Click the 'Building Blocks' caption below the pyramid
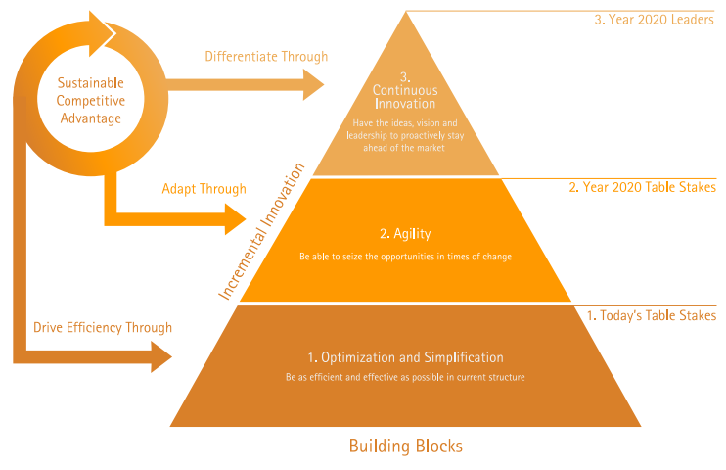[405, 446]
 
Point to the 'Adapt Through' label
[204, 188]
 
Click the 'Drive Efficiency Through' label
[103, 327]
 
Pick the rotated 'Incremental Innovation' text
[259, 230]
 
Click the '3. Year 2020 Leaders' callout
[655, 19]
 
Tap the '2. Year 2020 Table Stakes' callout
[642, 186]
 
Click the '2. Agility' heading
[405, 234]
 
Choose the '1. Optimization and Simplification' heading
[405, 356]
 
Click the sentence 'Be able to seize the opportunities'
[405, 256]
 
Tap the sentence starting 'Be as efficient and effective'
[405, 376]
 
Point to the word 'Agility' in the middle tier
[412, 234]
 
